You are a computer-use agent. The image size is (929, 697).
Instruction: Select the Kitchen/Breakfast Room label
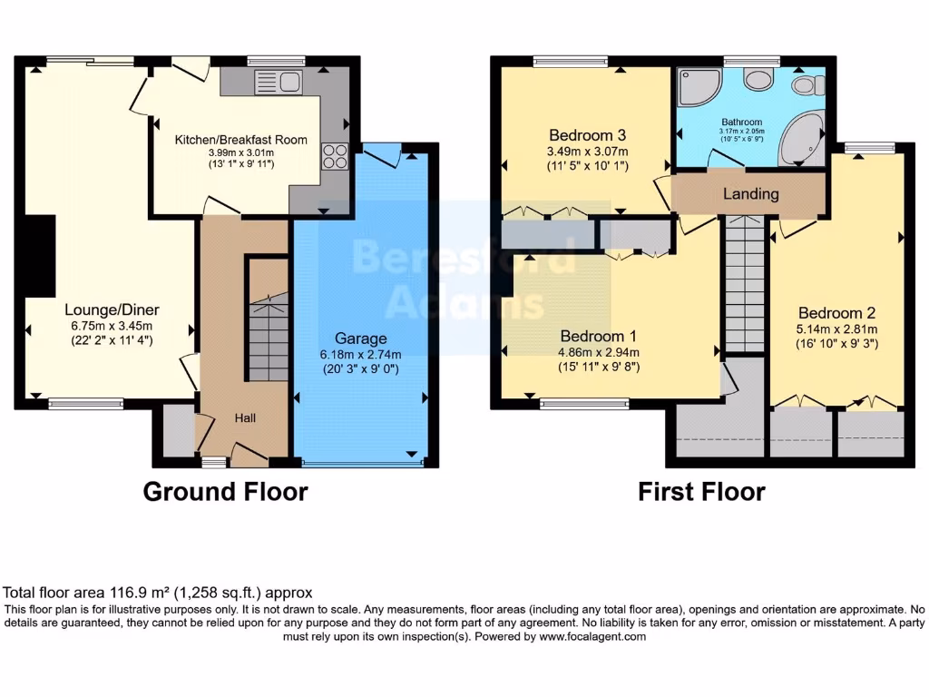240,140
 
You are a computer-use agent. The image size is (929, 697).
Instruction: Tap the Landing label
750,194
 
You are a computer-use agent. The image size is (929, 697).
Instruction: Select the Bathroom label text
741,122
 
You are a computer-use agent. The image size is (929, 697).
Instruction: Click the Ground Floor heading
226,492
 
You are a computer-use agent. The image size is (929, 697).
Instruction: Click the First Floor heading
701,492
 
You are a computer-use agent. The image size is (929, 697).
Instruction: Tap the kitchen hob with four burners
333,156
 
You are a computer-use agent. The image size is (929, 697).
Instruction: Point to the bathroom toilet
804,85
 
